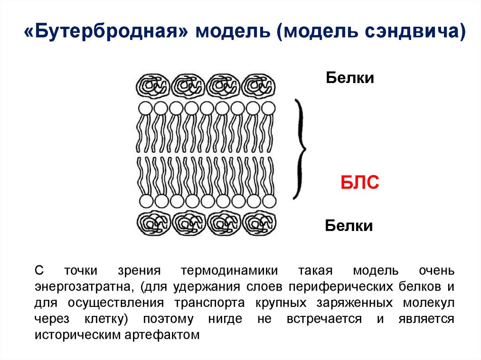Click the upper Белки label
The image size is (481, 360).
tap(350, 78)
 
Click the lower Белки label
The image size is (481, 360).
tap(349, 226)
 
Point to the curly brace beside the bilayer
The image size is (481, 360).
tap(299, 149)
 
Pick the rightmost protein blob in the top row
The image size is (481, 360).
tap(258, 86)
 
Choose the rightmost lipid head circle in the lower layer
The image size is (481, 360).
tap(268, 201)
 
